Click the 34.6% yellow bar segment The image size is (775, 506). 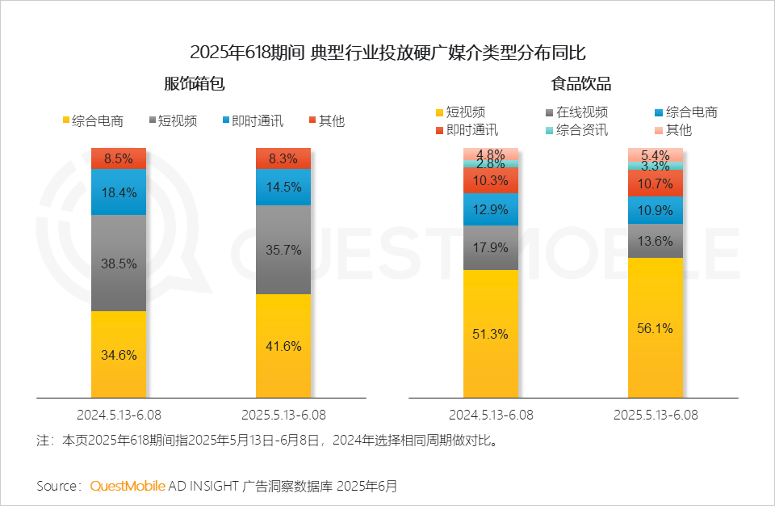[119, 355]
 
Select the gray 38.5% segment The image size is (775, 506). [119, 263]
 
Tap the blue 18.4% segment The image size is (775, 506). [119, 192]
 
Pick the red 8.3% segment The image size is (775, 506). [283, 158]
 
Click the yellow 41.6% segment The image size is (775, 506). [283, 346]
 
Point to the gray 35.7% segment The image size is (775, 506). [283, 250]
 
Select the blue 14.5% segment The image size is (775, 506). [283, 188]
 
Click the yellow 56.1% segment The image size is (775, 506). [656, 327]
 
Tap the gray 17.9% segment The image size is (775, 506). [491, 247]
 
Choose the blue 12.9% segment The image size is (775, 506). [491, 209]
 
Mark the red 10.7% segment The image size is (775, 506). [656, 183]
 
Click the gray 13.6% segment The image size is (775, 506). [656, 241]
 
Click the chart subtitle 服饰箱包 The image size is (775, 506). [195, 84]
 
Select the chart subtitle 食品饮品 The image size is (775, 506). [581, 84]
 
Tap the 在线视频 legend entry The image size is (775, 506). [576, 112]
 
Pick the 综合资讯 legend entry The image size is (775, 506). [576, 130]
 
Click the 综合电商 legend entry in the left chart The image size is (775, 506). [93, 120]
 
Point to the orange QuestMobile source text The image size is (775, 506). [128, 486]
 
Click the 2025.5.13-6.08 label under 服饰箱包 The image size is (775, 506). [283, 415]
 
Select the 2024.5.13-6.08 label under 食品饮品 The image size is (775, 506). [491, 415]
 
